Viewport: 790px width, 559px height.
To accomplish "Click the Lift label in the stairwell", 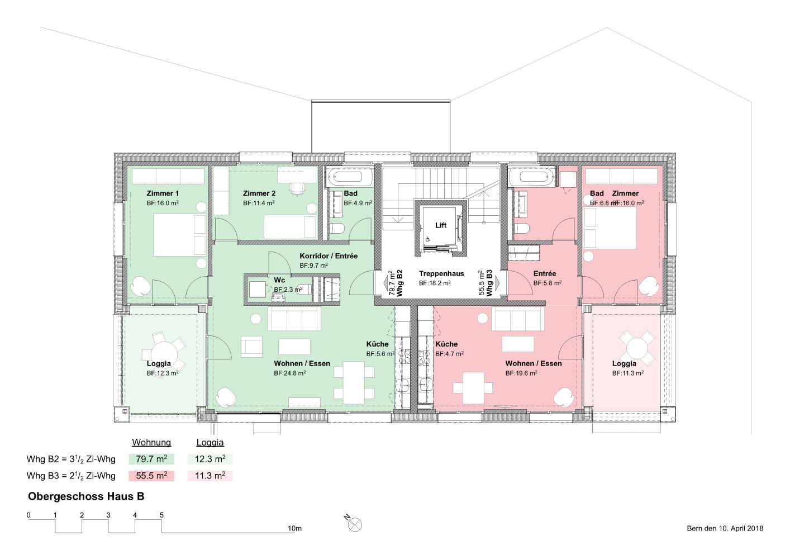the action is click(440, 225).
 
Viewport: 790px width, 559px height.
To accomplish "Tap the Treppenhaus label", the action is click(441, 273).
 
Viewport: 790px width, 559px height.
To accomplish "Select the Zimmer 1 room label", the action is click(163, 193).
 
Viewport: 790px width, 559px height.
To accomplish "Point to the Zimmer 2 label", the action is click(259, 193).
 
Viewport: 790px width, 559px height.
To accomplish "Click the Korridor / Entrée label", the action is click(329, 256).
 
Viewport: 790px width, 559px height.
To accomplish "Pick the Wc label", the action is click(279, 280).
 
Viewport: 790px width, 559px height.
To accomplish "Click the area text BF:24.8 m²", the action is click(290, 373).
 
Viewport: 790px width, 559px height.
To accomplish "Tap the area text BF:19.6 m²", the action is click(521, 373).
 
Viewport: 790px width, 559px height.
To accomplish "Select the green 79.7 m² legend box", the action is click(151, 459).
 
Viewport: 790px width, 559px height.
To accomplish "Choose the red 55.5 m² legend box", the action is click(151, 476).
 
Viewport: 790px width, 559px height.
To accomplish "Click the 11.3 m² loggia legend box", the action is click(210, 476).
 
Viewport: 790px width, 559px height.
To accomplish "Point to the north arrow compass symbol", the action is click(354, 524).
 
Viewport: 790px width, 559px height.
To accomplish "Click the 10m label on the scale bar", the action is click(295, 528).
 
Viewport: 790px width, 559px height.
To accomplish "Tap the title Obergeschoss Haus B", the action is click(86, 496).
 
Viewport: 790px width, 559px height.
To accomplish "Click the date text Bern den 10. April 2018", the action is click(725, 528).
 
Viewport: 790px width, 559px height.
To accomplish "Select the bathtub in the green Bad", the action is click(350, 177).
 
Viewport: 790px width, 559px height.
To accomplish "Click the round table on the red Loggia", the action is click(636, 348).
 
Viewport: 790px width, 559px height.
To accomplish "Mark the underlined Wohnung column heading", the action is click(151, 443).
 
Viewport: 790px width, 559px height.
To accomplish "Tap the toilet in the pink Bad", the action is click(521, 229).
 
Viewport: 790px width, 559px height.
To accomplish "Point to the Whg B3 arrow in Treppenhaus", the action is click(497, 283).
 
